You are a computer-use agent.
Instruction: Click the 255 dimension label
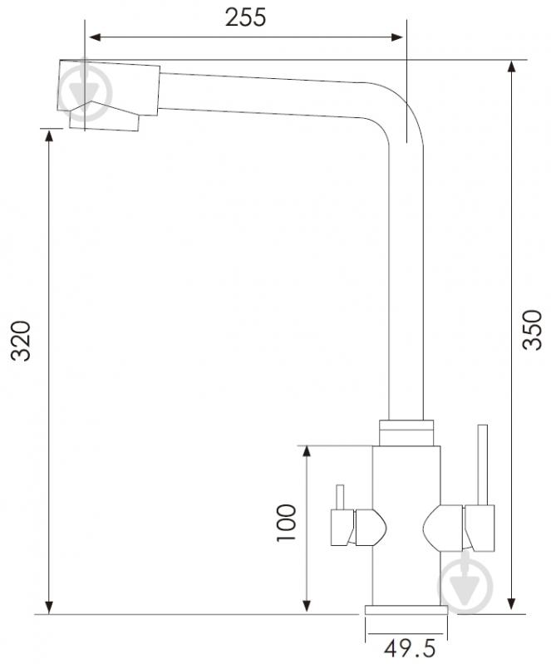(x=246, y=17)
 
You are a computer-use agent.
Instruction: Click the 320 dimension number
(x=21, y=341)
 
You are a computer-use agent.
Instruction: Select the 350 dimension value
(x=532, y=330)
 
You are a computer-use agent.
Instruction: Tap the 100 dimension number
(x=286, y=523)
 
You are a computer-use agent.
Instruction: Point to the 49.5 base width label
(x=410, y=648)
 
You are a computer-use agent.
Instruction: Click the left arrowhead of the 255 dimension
(x=95, y=37)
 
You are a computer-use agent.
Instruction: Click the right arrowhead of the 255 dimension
(x=397, y=37)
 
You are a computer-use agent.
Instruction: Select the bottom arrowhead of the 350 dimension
(x=512, y=604)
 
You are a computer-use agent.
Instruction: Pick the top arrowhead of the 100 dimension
(x=307, y=452)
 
